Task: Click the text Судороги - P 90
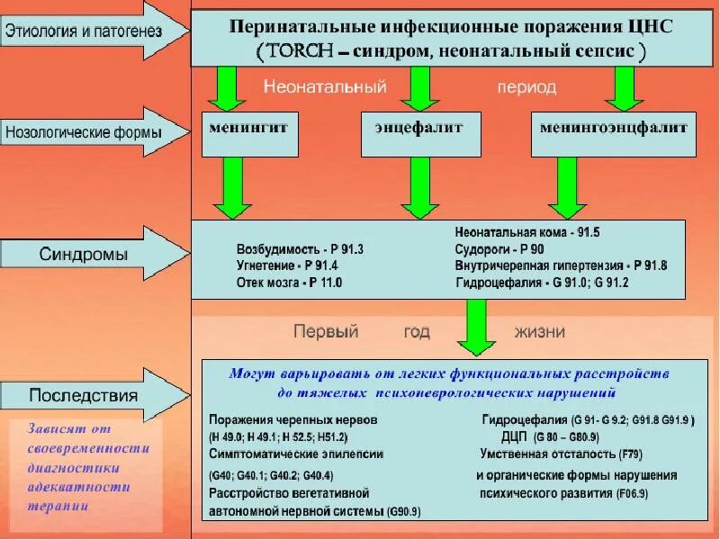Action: pyautogui.click(x=500, y=248)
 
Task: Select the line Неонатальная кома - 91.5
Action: pyautogui.click(x=526, y=232)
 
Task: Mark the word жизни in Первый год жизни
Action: pyautogui.click(x=539, y=331)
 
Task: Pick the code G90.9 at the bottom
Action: pyautogui.click(x=402, y=511)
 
